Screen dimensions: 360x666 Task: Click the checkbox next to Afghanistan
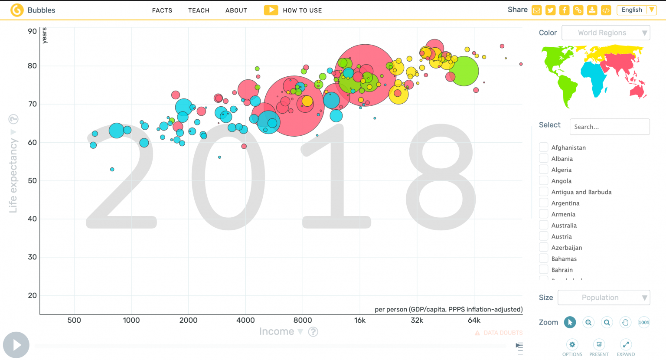(x=543, y=147)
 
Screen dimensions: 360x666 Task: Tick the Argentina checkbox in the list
(x=543, y=203)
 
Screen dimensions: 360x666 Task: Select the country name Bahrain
(x=562, y=270)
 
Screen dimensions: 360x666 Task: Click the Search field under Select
(x=609, y=127)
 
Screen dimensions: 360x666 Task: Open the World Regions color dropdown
(x=605, y=33)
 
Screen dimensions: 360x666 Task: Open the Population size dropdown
(x=604, y=298)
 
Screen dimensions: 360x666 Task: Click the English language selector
(x=636, y=10)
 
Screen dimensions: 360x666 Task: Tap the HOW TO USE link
(x=302, y=10)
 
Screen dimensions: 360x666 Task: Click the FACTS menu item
(x=162, y=10)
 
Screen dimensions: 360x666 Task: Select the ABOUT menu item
(x=236, y=10)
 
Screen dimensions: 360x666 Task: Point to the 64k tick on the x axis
(x=474, y=320)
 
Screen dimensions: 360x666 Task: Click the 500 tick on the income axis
(x=74, y=320)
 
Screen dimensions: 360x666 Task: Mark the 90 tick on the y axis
(x=33, y=31)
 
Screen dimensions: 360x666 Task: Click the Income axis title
(x=277, y=331)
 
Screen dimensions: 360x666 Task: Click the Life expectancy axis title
(x=13, y=175)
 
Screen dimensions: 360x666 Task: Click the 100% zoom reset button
(x=644, y=322)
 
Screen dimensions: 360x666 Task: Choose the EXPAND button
(x=626, y=345)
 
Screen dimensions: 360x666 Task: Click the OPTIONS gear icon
(x=572, y=345)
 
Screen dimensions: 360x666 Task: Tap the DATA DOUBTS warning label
(x=503, y=333)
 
